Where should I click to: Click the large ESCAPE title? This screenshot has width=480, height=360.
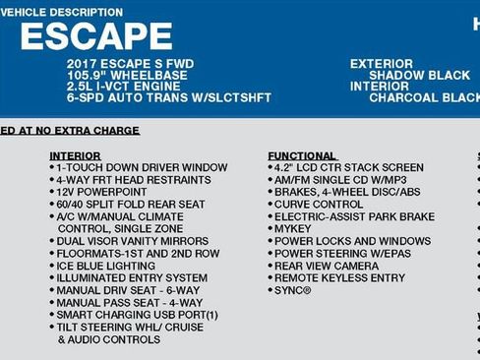click(x=95, y=36)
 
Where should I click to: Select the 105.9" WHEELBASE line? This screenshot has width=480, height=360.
click(x=128, y=75)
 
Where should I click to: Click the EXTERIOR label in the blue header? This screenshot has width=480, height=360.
click(x=382, y=64)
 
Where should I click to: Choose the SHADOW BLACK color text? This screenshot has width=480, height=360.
click(x=419, y=75)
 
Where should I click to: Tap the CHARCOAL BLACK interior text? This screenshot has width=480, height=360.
click(x=423, y=97)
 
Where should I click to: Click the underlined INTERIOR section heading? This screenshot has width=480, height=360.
click(x=75, y=155)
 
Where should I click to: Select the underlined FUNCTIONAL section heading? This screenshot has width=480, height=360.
click(x=300, y=155)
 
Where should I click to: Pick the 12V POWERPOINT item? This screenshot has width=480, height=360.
click(x=101, y=192)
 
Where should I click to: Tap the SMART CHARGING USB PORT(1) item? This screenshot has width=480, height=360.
click(x=137, y=315)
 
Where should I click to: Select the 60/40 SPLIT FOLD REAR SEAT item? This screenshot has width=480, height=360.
click(x=133, y=205)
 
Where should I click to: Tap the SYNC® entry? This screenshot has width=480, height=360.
click(x=292, y=290)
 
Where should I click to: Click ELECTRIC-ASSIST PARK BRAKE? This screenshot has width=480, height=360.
click(x=354, y=216)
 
